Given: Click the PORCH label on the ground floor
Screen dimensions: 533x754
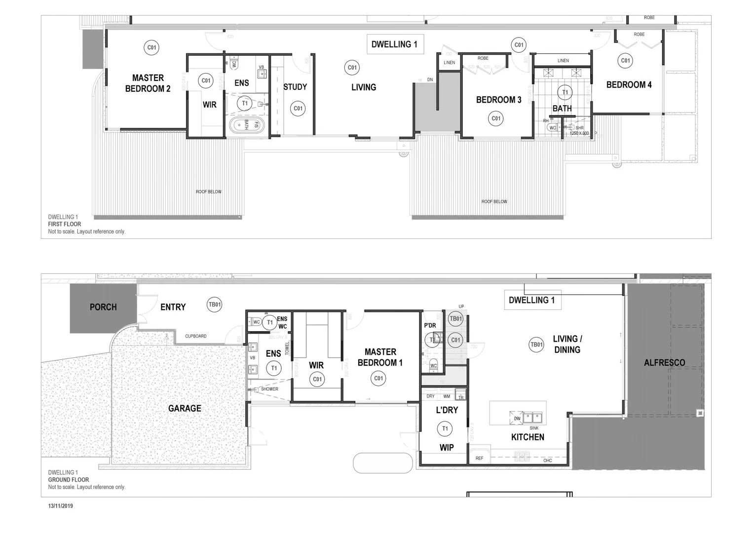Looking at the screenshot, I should coord(103,307).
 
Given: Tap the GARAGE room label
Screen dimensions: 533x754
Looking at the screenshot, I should coord(185,408).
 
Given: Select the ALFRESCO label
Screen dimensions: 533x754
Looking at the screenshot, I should coord(664,363).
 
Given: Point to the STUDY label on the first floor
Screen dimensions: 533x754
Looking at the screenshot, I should coord(295,87).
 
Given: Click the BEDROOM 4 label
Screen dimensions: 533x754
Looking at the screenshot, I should coord(629,85).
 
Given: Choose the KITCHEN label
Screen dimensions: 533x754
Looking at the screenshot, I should coord(528,437).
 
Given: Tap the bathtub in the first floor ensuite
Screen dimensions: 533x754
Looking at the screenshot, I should coord(247,125).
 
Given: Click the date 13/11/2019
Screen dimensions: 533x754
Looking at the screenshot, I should coord(61,506).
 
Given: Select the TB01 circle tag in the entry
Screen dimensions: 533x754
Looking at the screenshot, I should coord(215,305).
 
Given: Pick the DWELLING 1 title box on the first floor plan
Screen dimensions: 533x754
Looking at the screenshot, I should coord(394,44).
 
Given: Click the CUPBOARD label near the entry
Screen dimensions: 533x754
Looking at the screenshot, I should coord(196,336).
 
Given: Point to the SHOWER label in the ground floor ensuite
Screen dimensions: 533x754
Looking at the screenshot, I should coord(269,389).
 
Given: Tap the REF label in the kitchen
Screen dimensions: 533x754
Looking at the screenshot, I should coord(479,458).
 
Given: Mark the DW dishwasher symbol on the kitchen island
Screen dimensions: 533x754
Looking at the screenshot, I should coord(517,418).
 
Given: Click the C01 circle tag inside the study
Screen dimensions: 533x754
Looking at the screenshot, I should coord(298,109).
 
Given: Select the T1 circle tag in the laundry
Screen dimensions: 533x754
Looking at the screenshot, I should coord(445,428).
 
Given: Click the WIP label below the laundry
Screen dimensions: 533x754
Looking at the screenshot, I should coord(447,448).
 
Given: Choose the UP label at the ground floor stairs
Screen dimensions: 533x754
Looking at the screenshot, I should coord(461,306).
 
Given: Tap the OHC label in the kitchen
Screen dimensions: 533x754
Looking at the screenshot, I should coord(548,460).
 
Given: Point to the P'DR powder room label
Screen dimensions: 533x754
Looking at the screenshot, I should coord(430,325).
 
